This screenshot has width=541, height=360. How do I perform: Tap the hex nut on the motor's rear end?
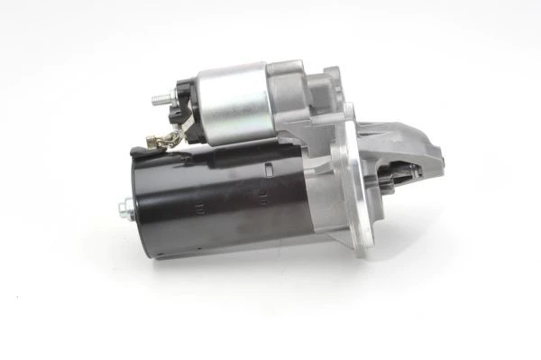[122, 210]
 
